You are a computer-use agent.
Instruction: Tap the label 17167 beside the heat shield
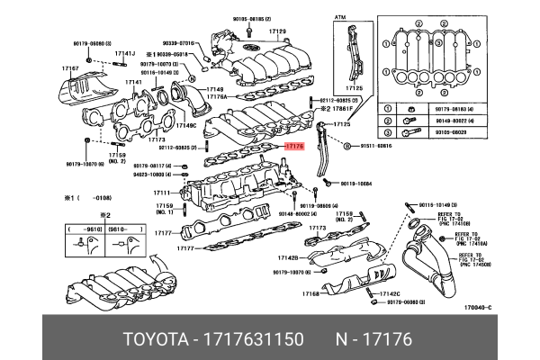coord(71,68)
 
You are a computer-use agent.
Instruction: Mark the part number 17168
coord(310,293)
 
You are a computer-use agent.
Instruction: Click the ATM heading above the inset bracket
coord(340,17)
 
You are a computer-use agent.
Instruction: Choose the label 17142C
coord(388,293)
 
